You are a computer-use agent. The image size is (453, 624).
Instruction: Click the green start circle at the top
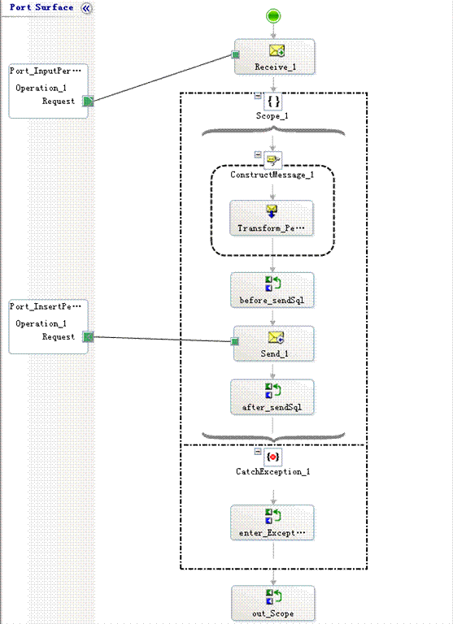pos(273,16)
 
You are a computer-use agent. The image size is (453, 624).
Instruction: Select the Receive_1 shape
pos(275,57)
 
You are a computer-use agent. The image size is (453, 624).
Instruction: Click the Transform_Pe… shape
pos(272,218)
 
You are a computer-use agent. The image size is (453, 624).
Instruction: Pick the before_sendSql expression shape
pos(272,290)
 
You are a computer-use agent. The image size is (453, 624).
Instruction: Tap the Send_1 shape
pos(274,344)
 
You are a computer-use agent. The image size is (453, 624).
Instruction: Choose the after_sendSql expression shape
pos(272,397)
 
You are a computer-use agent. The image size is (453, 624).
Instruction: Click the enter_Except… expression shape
pos(272,522)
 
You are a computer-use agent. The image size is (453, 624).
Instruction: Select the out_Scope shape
pos(273,604)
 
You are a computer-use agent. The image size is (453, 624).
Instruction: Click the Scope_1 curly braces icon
pos(273,101)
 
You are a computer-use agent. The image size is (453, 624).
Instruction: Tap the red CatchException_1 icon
pos(273,457)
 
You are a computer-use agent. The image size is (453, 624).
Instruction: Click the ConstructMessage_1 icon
pos(273,160)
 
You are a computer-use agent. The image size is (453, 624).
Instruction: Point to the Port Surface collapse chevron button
pos(86,8)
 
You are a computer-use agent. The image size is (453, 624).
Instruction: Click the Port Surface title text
pos(41,7)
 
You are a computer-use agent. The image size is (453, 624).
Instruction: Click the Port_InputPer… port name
pos(46,71)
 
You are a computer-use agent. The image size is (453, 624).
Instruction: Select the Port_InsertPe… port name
pos(46,306)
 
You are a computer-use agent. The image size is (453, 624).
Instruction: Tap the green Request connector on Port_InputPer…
pos(88,101)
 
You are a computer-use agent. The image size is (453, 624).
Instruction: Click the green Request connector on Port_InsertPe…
pos(88,337)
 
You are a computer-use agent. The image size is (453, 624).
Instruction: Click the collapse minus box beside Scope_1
pos(258,96)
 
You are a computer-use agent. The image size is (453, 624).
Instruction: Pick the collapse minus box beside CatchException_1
pos(258,452)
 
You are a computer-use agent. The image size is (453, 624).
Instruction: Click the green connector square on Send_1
pos(235,341)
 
